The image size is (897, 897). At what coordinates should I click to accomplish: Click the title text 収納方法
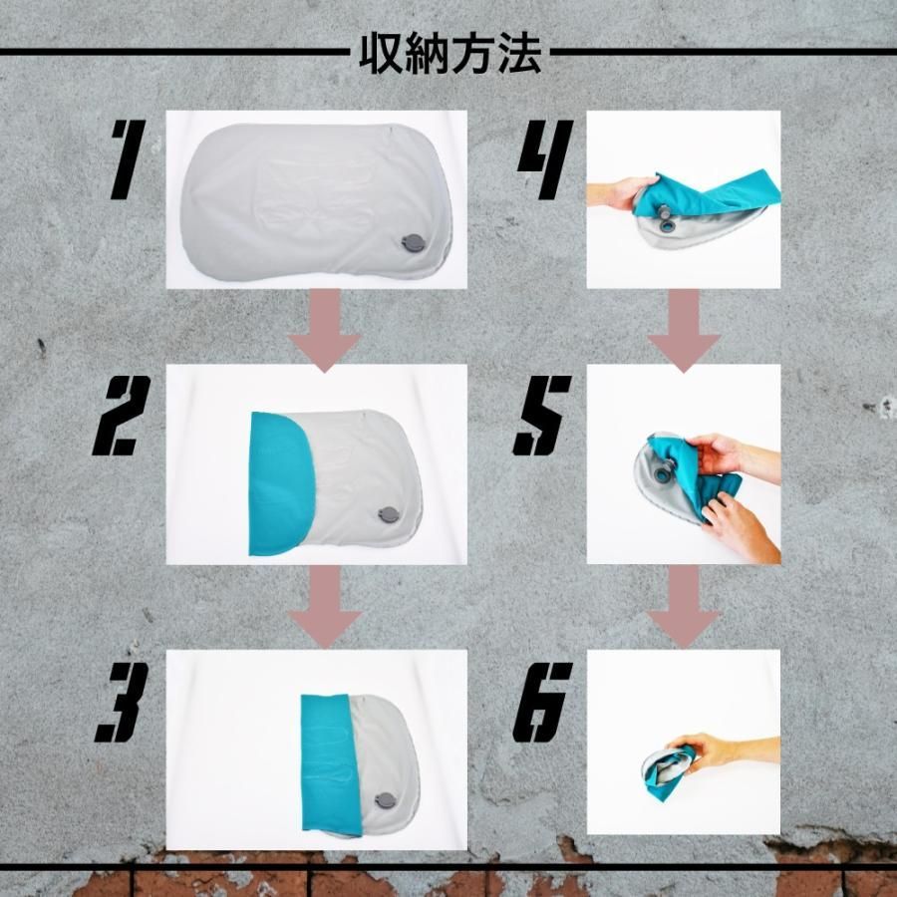pos(449,55)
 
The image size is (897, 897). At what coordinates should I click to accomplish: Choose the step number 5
pos(542,416)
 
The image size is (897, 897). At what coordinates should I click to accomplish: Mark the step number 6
pos(542,702)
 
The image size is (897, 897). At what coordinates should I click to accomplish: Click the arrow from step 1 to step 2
pos(324,330)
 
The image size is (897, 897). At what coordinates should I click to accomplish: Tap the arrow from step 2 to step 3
pos(324,606)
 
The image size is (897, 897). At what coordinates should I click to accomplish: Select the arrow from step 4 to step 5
pos(684,330)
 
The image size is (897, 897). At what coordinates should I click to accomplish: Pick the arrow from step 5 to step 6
pos(684,606)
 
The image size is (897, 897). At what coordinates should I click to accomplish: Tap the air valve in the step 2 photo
pos(390,516)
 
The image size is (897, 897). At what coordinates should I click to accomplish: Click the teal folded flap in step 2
pos(279,484)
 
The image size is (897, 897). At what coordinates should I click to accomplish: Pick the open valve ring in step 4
pos(667,227)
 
